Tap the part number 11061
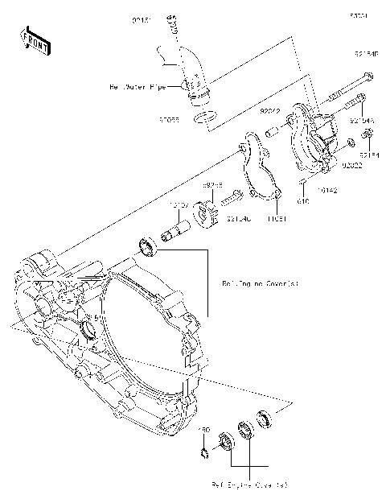coord(276,218)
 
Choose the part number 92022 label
coord(351,166)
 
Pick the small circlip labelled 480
coord(206,456)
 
